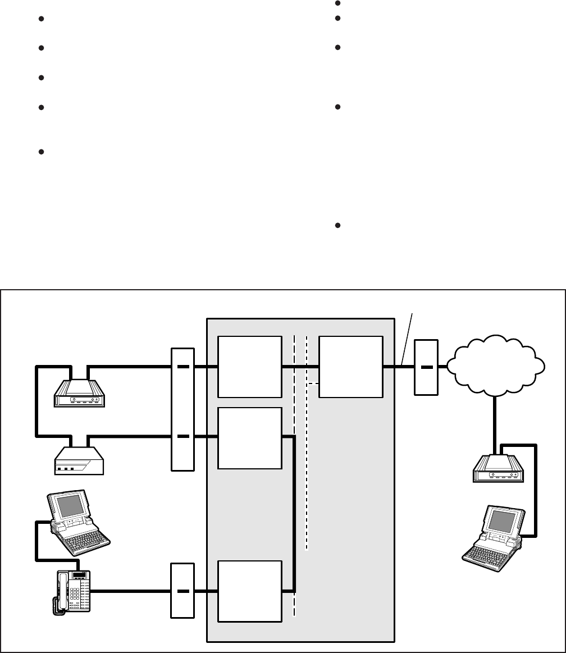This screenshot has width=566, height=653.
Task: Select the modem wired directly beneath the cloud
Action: pos(498,471)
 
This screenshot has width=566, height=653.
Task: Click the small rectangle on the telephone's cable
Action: pos(182,591)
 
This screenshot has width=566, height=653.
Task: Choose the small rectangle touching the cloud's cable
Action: pos(425,367)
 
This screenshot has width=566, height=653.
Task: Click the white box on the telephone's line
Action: pos(249,591)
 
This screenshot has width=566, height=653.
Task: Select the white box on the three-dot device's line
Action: pos(249,438)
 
